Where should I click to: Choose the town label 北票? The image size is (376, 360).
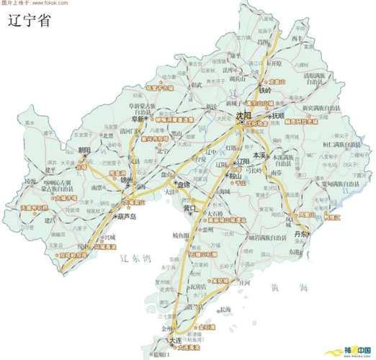(x=108, y=135)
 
